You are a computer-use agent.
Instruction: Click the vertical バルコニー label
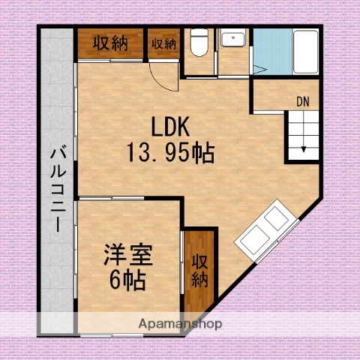pos(57,187)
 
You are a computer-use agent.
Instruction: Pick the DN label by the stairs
pos(303,100)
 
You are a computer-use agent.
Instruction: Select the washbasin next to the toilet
pos(233,39)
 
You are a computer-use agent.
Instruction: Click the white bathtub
pos(304,52)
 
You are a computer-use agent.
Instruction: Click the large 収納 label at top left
pos(110,43)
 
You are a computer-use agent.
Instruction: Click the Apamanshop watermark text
pos(181,324)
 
